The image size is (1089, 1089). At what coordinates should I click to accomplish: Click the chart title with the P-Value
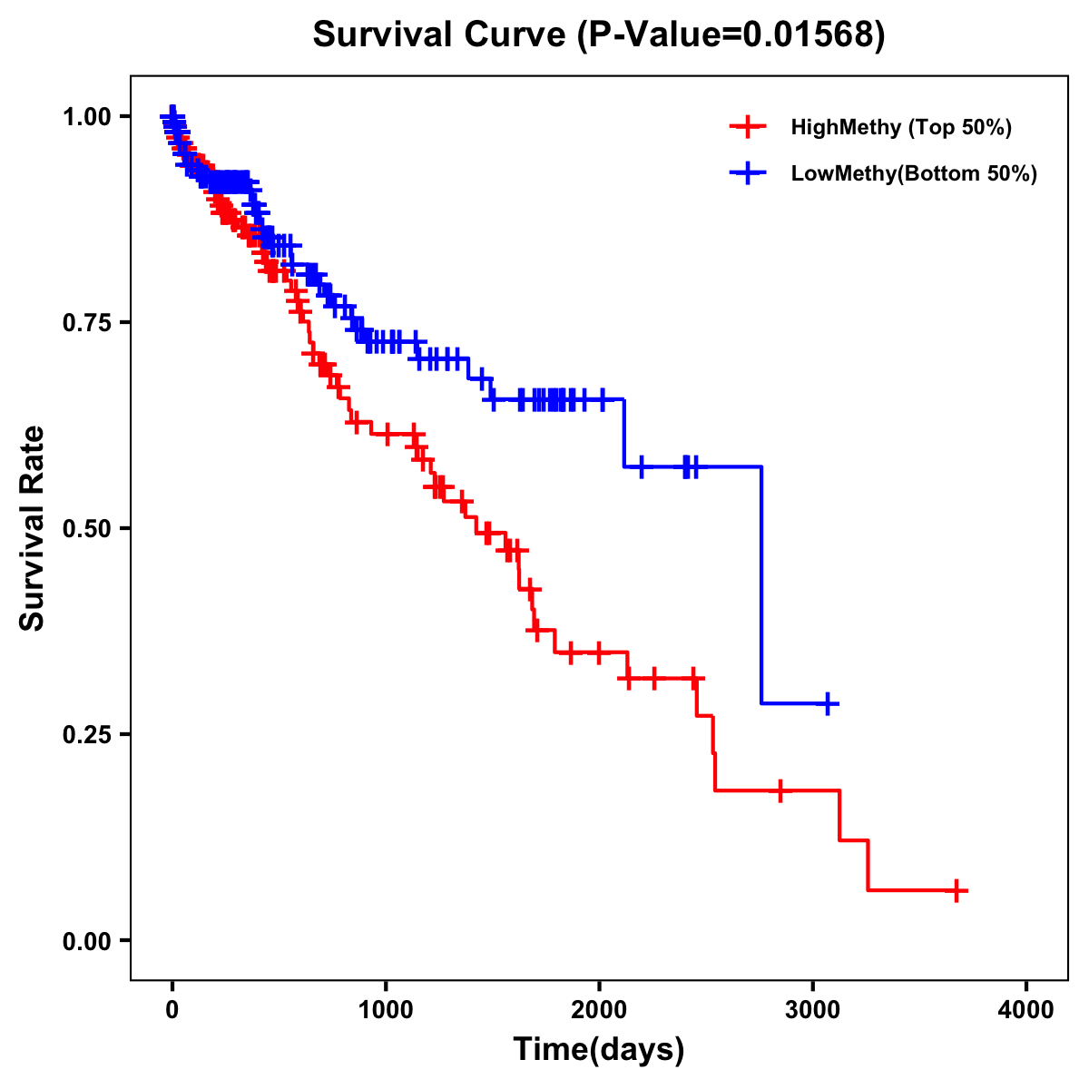click(x=598, y=34)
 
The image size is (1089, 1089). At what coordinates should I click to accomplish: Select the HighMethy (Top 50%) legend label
click(x=900, y=127)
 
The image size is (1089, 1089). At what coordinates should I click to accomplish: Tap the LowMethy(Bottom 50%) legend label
click(x=913, y=173)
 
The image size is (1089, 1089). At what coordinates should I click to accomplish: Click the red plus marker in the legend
click(x=747, y=127)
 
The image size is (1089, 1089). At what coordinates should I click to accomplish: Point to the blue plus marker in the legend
click(x=747, y=173)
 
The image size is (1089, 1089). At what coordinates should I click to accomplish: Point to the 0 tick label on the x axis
click(x=172, y=1010)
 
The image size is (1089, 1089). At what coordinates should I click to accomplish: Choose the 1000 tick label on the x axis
click(x=386, y=1010)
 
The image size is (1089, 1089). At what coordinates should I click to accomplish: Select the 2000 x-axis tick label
click(x=599, y=1010)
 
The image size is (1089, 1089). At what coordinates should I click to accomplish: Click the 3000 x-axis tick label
click(x=813, y=1010)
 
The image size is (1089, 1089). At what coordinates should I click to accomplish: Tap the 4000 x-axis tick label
click(x=1026, y=1010)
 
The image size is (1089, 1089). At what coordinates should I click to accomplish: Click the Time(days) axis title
click(x=599, y=1050)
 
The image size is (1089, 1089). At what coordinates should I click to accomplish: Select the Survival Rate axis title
click(x=33, y=528)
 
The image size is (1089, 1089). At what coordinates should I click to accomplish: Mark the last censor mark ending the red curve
click(x=956, y=890)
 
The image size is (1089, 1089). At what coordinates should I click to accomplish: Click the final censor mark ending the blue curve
click(x=828, y=703)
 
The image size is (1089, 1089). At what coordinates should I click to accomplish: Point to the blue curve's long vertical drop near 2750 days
click(x=760, y=585)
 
